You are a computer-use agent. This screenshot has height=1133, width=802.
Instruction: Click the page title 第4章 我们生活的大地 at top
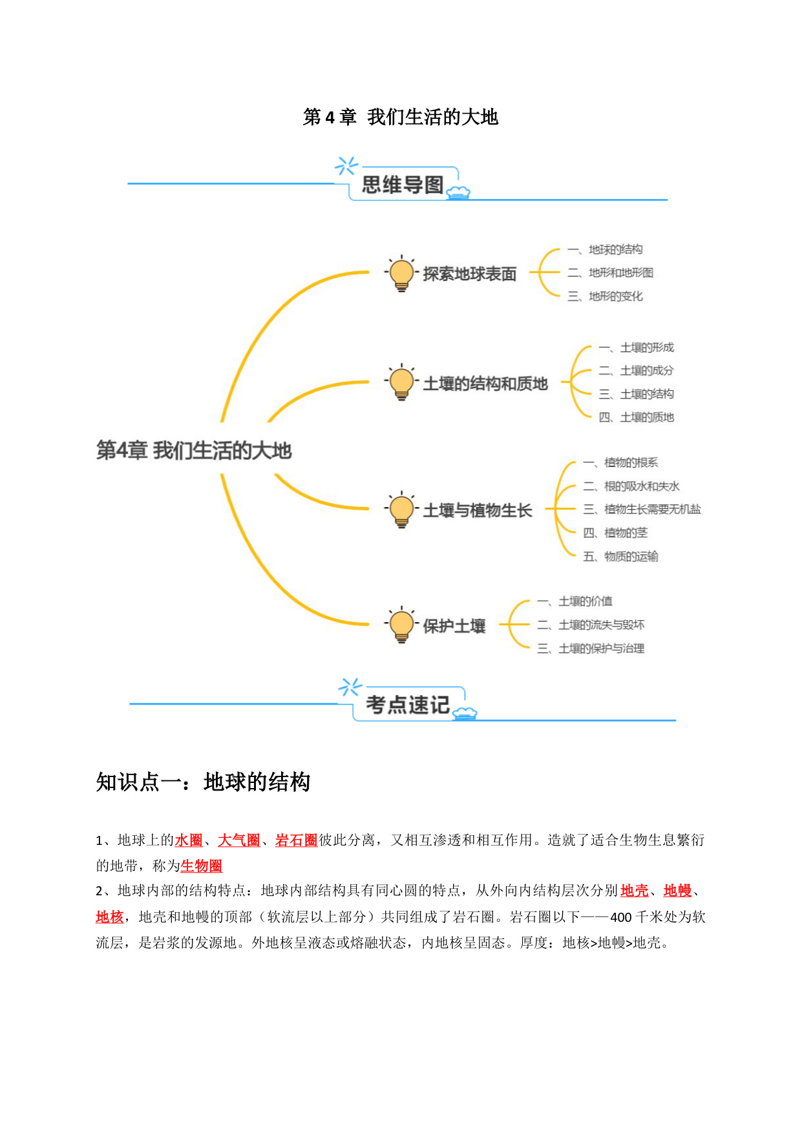pyautogui.click(x=401, y=117)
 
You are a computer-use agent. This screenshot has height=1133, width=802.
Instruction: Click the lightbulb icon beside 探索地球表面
pyautogui.click(x=401, y=273)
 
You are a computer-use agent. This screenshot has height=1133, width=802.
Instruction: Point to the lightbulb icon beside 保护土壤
pyautogui.click(x=401, y=625)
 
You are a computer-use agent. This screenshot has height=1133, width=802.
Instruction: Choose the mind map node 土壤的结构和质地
pyautogui.click(x=485, y=384)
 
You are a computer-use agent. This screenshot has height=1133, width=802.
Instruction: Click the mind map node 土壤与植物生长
pyautogui.click(x=478, y=510)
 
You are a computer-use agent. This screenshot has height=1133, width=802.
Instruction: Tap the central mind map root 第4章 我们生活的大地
pyautogui.click(x=194, y=450)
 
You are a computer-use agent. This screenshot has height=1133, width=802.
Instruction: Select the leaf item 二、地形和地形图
pyautogui.click(x=611, y=273)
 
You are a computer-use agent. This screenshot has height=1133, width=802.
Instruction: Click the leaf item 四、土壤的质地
pyautogui.click(x=637, y=417)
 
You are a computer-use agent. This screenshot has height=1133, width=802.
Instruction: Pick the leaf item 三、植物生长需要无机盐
pyautogui.click(x=642, y=509)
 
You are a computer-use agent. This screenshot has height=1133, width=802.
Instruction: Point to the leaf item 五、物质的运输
pyautogui.click(x=621, y=556)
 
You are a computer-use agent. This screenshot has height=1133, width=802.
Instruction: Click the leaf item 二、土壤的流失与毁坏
pyautogui.click(x=591, y=625)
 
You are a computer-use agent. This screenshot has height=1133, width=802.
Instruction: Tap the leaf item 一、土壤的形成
pyautogui.click(x=637, y=348)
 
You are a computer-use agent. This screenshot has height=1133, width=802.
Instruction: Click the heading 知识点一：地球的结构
pyautogui.click(x=203, y=782)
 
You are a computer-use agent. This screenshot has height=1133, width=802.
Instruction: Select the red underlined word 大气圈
pyautogui.click(x=238, y=840)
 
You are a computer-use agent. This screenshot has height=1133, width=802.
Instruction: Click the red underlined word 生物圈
pyautogui.click(x=201, y=866)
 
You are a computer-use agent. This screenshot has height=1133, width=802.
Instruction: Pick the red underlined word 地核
pyautogui.click(x=109, y=917)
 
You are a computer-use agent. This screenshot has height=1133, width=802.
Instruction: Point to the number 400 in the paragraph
pyautogui.click(x=621, y=917)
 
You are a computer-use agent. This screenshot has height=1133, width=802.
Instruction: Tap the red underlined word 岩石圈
pyautogui.click(x=296, y=840)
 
